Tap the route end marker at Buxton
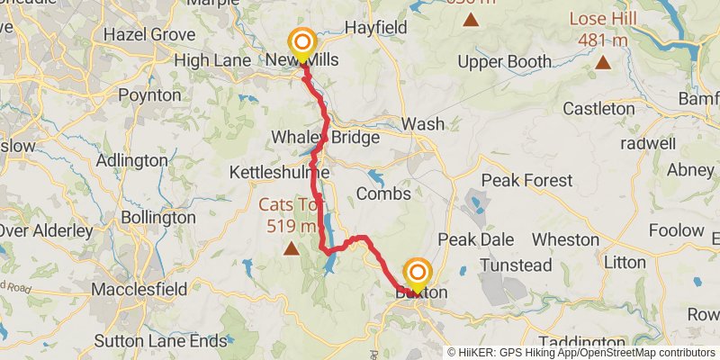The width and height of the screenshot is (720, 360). [418, 274]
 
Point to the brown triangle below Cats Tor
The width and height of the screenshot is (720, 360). [292, 247]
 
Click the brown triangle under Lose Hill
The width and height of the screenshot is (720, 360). [602, 62]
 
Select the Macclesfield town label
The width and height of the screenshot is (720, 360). [139, 289]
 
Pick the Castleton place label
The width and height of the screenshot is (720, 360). [598, 108]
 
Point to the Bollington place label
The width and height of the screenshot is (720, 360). [158, 217]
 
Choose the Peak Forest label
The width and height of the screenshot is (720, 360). [526, 180]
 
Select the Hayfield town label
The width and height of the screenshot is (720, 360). [376, 28]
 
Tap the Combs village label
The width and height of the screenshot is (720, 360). [383, 193]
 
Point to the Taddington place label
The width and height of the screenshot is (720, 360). [577, 343]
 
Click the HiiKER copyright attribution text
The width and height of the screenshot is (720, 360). [580, 353]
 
